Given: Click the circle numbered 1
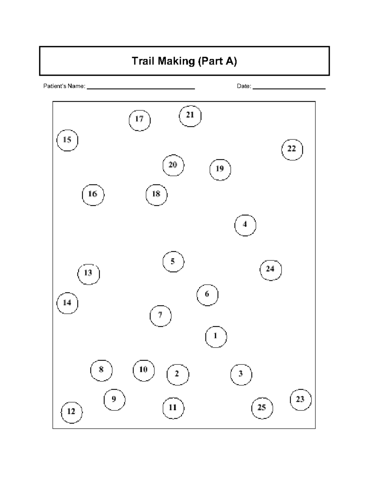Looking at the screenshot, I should pyautogui.click(x=216, y=337).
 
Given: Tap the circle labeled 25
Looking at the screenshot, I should pyautogui.click(x=262, y=408).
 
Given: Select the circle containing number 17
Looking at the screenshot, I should pyautogui.click(x=140, y=120).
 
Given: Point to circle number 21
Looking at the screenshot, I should pyautogui.click(x=190, y=116).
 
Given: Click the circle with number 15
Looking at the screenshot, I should pyautogui.click(x=67, y=140).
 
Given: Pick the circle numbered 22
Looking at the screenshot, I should pyautogui.click(x=292, y=150).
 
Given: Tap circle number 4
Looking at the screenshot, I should pyautogui.click(x=245, y=225).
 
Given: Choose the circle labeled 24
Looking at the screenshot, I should pyautogui.click(x=271, y=270).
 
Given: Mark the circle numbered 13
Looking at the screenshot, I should pyautogui.click(x=89, y=274).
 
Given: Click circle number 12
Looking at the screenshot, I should pyautogui.click(x=72, y=412).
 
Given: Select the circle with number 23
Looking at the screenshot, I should pyautogui.click(x=301, y=400).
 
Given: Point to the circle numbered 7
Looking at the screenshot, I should pyautogui.click(x=161, y=316).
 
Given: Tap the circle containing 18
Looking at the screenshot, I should pyautogui.click(x=157, y=195).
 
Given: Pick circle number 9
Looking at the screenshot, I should pyautogui.click(x=114, y=400).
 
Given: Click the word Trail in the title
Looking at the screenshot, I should pyautogui.click(x=144, y=61).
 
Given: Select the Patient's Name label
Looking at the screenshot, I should pyautogui.click(x=64, y=86).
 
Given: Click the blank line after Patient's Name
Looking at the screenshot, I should pyautogui.click(x=141, y=88).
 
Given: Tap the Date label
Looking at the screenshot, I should pyautogui.click(x=244, y=86).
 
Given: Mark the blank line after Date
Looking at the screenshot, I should pyautogui.click(x=289, y=88).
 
